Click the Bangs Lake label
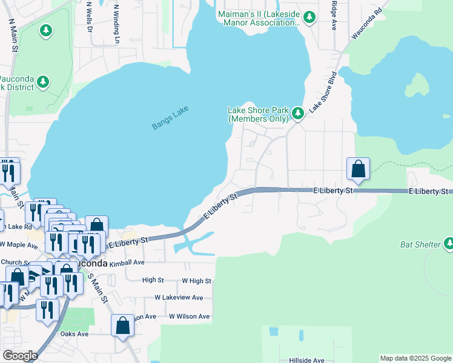pos(170,117)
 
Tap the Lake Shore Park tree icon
pos(297,113)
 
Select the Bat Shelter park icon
pos(449,243)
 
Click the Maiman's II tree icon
pos(309,17)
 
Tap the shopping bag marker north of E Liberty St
pos(358,169)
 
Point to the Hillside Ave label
pos(306,360)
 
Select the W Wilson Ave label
pos(189,316)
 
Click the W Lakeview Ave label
pos(179,298)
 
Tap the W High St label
pos(196,281)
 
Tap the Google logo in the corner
pos(20,356)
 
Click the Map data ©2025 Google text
pos(415,358)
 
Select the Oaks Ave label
pos(74,334)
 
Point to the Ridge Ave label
pos(334,15)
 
